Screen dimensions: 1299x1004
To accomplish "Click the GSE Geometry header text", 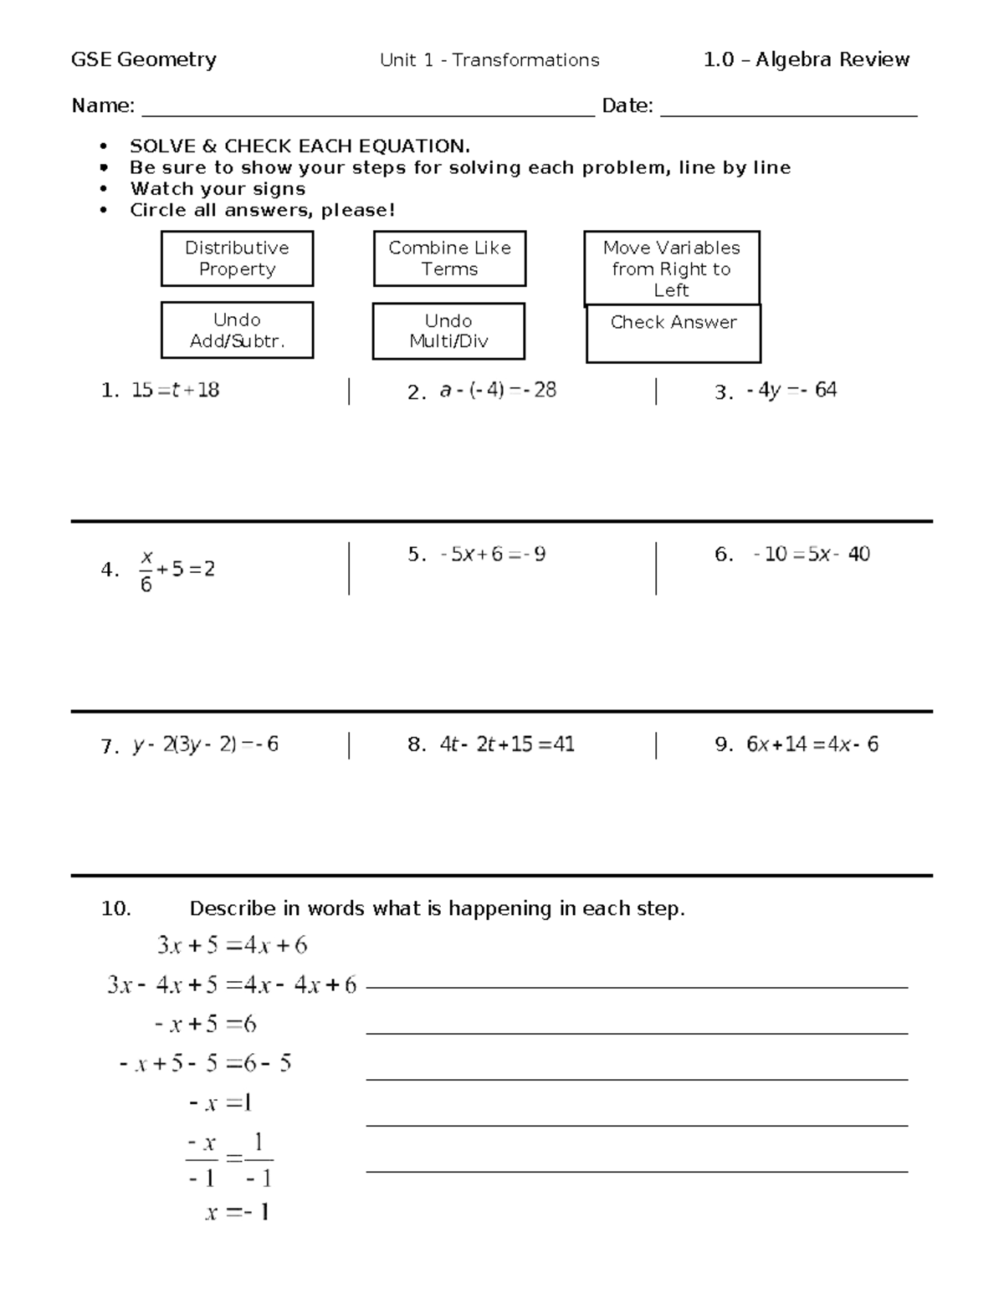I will [x=144, y=59].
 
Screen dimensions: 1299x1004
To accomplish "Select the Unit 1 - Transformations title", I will [x=489, y=60].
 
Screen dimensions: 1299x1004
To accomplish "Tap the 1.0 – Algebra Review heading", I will [x=807, y=59].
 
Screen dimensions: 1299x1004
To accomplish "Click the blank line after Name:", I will [x=368, y=109].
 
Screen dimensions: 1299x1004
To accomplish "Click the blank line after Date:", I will [x=788, y=109].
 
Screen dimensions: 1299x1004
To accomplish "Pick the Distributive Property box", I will [x=237, y=258].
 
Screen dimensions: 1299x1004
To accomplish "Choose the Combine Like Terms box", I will [x=449, y=258].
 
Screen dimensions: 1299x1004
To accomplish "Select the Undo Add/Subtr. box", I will [x=237, y=330].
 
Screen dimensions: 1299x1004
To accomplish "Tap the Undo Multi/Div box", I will [x=448, y=331].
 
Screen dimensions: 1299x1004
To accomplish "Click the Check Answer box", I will [x=673, y=333].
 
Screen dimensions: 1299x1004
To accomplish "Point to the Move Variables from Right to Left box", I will [x=672, y=268].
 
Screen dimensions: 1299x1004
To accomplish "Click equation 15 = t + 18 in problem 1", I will [x=175, y=390].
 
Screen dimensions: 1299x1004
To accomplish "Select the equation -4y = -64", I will [x=791, y=390].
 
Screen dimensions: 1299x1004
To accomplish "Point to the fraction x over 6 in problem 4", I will [x=146, y=570].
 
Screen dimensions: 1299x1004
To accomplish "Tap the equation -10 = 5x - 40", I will [x=811, y=554].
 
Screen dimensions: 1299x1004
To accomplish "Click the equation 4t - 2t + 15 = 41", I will [x=507, y=744].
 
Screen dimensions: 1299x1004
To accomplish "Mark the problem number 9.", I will [x=724, y=744].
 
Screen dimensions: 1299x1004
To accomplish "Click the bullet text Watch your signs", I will [x=218, y=189].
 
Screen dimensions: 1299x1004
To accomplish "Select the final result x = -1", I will [x=237, y=1212].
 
